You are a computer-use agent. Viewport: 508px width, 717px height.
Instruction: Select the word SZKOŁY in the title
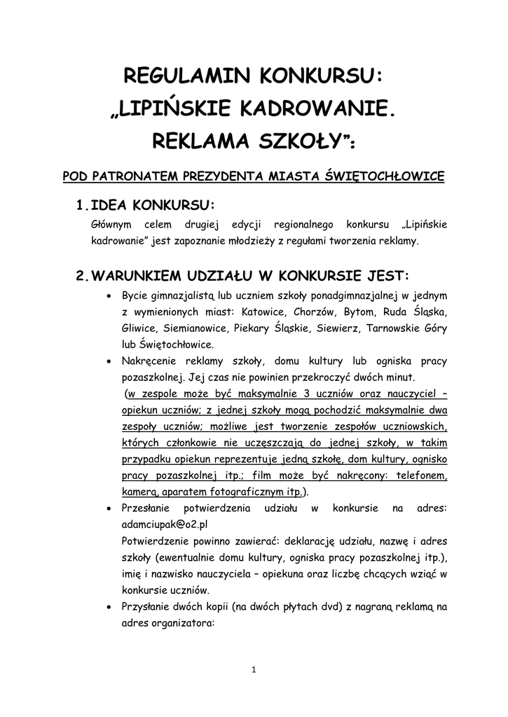pyautogui.click(x=296, y=142)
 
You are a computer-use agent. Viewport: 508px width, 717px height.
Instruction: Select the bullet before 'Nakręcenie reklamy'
pyautogui.click(x=108, y=362)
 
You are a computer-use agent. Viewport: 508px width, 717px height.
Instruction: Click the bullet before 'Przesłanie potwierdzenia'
pyautogui.click(x=108, y=506)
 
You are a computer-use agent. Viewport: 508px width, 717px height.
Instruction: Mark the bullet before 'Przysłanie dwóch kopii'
pyautogui.click(x=108, y=607)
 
